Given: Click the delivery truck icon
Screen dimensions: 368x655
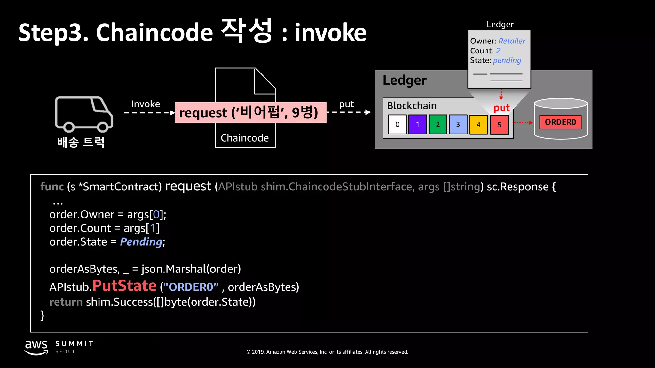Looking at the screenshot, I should point(84,114).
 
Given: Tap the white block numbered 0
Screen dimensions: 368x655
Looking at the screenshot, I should point(397,125).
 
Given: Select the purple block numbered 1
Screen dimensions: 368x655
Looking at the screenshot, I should point(417,125).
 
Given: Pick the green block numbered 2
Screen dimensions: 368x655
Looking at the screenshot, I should point(438,125).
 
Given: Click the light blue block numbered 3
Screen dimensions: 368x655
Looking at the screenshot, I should point(458,125).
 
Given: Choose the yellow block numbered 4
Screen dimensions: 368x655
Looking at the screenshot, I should point(478,125).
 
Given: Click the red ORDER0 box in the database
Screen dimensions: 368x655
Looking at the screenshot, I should point(560,122).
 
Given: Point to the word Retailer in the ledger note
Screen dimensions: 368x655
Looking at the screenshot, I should point(512,41).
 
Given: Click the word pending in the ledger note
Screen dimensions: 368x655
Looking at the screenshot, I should point(507,60).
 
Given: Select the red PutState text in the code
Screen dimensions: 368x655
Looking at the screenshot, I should point(124,286).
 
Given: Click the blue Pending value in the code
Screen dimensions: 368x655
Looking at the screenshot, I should point(141,242).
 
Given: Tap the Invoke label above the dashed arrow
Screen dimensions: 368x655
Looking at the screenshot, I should point(146,104).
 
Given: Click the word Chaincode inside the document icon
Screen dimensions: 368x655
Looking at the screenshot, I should point(245,138).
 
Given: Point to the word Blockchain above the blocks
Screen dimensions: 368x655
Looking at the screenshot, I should point(412,106).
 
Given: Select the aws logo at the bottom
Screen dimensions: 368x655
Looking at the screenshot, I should point(36,347).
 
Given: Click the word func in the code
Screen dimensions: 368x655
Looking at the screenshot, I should point(52,187).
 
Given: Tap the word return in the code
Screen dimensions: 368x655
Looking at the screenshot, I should point(66,302).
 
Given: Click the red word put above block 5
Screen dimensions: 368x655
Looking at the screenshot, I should point(501,108).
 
